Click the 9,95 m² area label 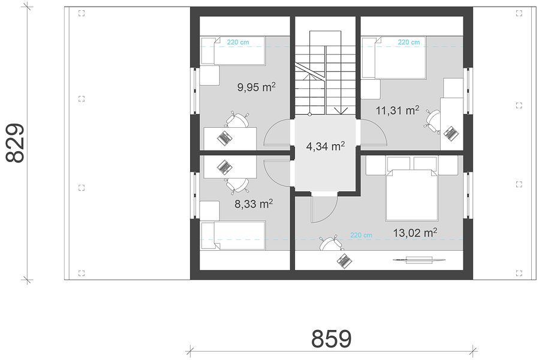pyautogui.click(x=256, y=87)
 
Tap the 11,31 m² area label pyautogui.click(x=397, y=111)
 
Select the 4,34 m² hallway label pyautogui.click(x=325, y=146)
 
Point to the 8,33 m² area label pyautogui.click(x=254, y=204)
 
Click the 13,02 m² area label pyautogui.click(x=415, y=233)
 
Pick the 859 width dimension pyautogui.click(x=332, y=339)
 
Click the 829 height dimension pyautogui.click(x=16, y=143)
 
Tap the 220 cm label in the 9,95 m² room pyautogui.click(x=238, y=42)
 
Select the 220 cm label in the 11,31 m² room pyautogui.click(x=409, y=42)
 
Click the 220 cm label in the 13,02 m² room pyautogui.click(x=361, y=235)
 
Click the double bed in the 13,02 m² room pyautogui.click(x=411, y=195)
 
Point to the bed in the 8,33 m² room pyautogui.click(x=233, y=236)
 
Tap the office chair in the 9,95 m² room pyautogui.click(x=237, y=120)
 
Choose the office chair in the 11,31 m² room pyautogui.click(x=432, y=121)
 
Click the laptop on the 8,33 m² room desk pyautogui.click(x=223, y=166)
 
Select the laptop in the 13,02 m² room pyautogui.click(x=344, y=260)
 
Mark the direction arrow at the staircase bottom pyautogui.click(x=341, y=110)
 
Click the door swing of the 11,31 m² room pyautogui.click(x=373, y=132)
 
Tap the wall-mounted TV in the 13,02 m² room pyautogui.click(x=419, y=260)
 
